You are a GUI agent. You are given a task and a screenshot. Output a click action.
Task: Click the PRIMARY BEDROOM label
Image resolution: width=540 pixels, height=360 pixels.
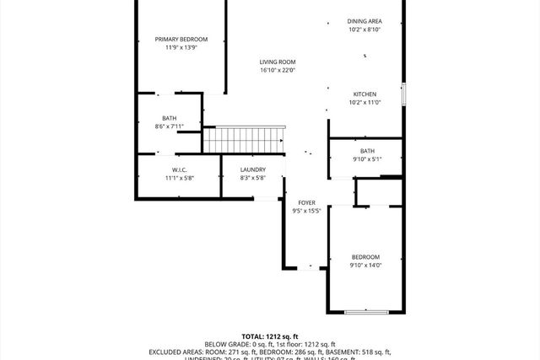181,39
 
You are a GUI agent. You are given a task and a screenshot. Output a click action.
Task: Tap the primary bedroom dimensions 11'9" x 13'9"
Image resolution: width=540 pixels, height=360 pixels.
181,48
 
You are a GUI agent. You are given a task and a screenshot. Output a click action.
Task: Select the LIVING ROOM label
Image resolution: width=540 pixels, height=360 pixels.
277,62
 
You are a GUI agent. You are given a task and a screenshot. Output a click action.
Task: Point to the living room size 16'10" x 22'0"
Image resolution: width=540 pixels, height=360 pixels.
277,71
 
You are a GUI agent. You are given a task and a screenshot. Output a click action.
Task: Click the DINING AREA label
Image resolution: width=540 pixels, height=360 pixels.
364,21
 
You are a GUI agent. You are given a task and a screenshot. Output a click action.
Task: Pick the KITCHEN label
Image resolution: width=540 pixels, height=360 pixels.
364,94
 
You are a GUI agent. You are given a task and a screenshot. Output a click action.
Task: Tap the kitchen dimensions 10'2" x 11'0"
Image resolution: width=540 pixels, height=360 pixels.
364,103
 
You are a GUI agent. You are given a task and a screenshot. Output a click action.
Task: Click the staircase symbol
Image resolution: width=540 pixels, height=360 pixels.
246,137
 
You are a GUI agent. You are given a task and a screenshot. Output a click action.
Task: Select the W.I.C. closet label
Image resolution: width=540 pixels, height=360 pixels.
179,169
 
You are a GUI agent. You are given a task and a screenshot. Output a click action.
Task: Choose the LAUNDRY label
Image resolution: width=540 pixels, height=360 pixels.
252,169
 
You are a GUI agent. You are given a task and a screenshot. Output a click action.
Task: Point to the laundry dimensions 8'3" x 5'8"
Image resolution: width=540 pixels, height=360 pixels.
252,179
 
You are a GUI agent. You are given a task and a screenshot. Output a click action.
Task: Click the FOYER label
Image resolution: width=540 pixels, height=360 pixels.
306,203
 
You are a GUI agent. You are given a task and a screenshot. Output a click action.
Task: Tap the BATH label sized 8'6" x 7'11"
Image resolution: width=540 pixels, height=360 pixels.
170,118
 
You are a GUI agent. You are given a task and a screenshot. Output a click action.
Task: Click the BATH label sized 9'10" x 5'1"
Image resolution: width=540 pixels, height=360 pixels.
367,151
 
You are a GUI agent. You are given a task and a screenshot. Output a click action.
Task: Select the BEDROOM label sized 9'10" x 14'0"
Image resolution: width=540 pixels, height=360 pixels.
365,257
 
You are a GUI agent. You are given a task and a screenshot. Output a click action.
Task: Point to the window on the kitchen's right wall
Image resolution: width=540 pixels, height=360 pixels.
404,94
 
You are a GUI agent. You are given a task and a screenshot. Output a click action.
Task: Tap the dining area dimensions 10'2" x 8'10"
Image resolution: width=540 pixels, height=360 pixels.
364,30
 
